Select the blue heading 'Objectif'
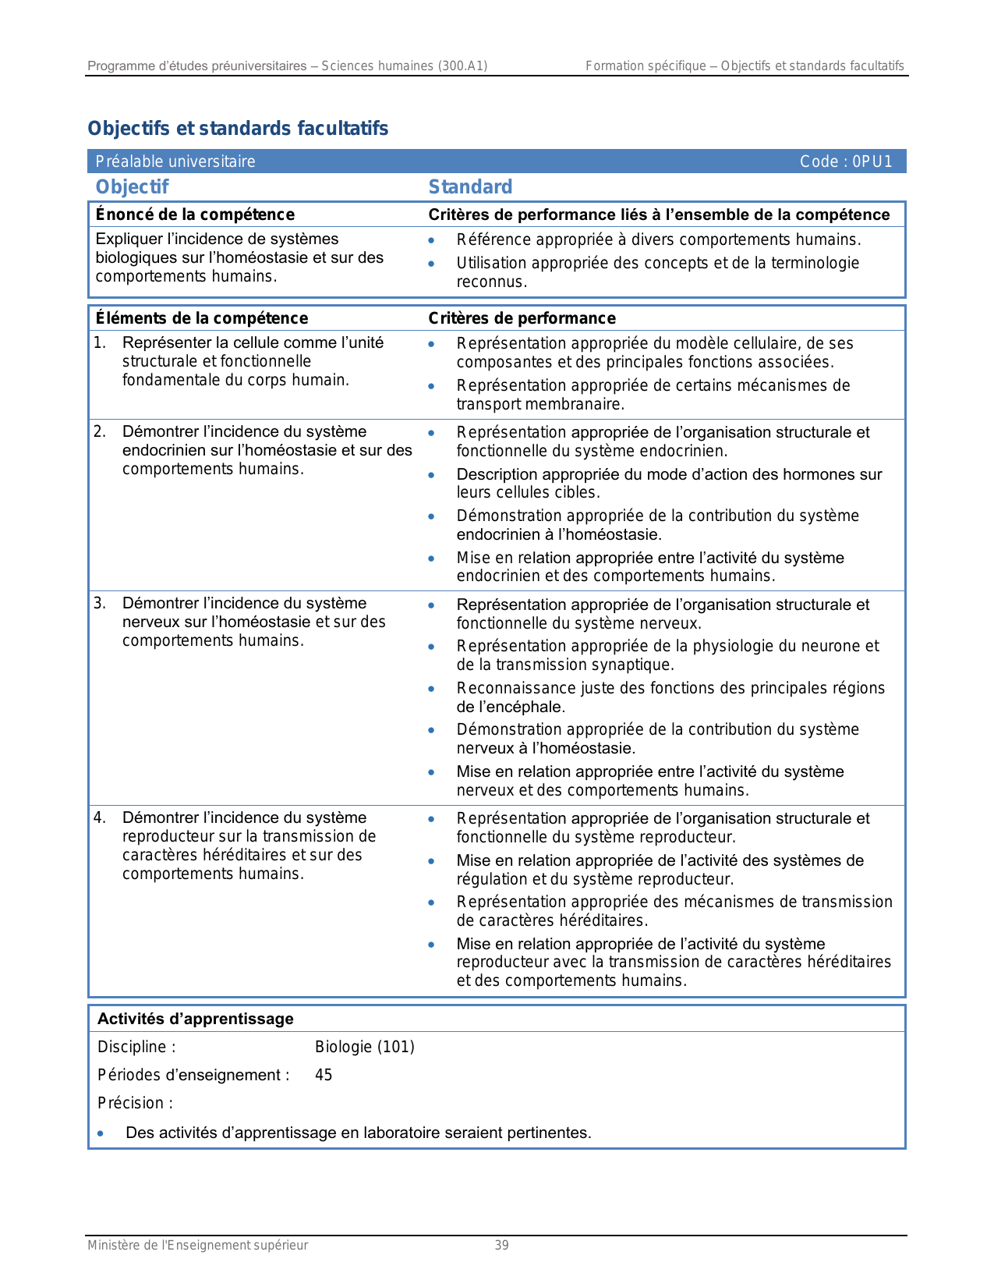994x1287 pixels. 132,186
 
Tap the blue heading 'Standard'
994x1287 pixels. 470,186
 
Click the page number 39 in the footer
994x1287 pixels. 502,1245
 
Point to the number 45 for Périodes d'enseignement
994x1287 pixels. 324,1075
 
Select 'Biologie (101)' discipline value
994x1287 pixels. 365,1047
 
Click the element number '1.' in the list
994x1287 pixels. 100,342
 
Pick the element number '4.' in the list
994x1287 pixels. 100,817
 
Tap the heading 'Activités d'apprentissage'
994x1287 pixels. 196,1019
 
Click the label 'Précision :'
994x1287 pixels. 135,1103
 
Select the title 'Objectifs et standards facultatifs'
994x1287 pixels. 238,129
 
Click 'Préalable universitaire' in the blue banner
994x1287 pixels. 175,161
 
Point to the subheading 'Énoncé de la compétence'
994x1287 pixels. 195,214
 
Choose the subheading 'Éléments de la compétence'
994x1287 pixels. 202,318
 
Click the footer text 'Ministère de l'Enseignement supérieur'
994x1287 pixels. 197,1245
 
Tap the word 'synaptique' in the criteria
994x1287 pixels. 634,665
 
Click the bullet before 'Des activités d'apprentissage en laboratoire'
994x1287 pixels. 101,1133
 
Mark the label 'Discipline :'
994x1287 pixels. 136,1047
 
